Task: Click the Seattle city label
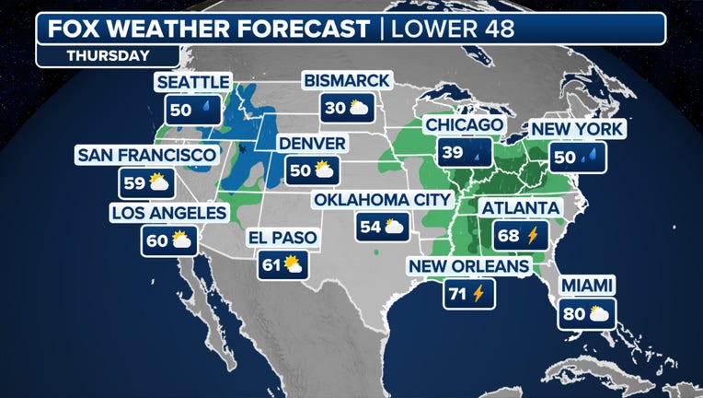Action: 192,83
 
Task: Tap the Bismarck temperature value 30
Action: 335,109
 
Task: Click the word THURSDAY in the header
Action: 108,55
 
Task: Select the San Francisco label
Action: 147,155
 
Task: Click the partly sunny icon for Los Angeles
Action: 180,241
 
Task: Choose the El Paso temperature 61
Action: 271,265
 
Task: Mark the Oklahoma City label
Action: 382,200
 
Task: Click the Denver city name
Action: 311,144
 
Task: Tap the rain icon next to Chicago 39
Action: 478,152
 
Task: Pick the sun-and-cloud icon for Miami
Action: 598,314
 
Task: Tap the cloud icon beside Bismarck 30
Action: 359,109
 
